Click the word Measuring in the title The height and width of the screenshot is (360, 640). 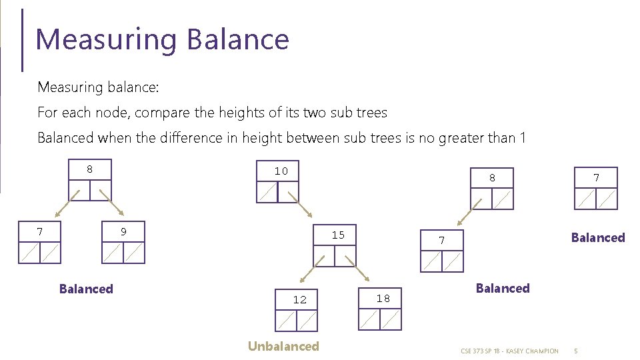pyautogui.click(x=106, y=40)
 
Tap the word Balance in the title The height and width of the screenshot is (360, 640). pyautogui.click(x=238, y=39)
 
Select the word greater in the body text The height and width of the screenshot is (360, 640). pyautogui.click(x=461, y=139)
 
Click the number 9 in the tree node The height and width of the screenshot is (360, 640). pyautogui.click(x=123, y=231)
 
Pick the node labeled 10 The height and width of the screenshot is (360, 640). pyautogui.click(x=277, y=181)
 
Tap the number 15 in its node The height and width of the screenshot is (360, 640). pyautogui.click(x=338, y=235)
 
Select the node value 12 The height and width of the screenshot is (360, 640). pyautogui.click(x=299, y=300)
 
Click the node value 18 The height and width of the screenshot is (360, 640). pyautogui.click(x=383, y=299)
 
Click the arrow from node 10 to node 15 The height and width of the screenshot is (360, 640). pyautogui.click(x=301, y=205)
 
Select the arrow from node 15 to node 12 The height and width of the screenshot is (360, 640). pyautogui.click(x=312, y=269)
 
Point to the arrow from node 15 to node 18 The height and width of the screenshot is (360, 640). pyautogui.click(x=357, y=269)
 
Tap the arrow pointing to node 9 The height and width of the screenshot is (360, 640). pyautogui.click(x=111, y=203)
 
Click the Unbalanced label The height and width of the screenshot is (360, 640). pyautogui.click(x=283, y=346)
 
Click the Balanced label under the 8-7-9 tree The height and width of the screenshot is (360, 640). pyautogui.click(x=86, y=289)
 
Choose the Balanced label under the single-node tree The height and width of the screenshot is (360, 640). pyautogui.click(x=598, y=237)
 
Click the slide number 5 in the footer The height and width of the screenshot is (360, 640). pyautogui.click(x=576, y=351)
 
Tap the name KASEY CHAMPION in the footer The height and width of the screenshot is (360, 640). pyautogui.click(x=532, y=351)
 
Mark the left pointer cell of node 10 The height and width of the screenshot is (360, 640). pyautogui.click(x=267, y=192)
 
